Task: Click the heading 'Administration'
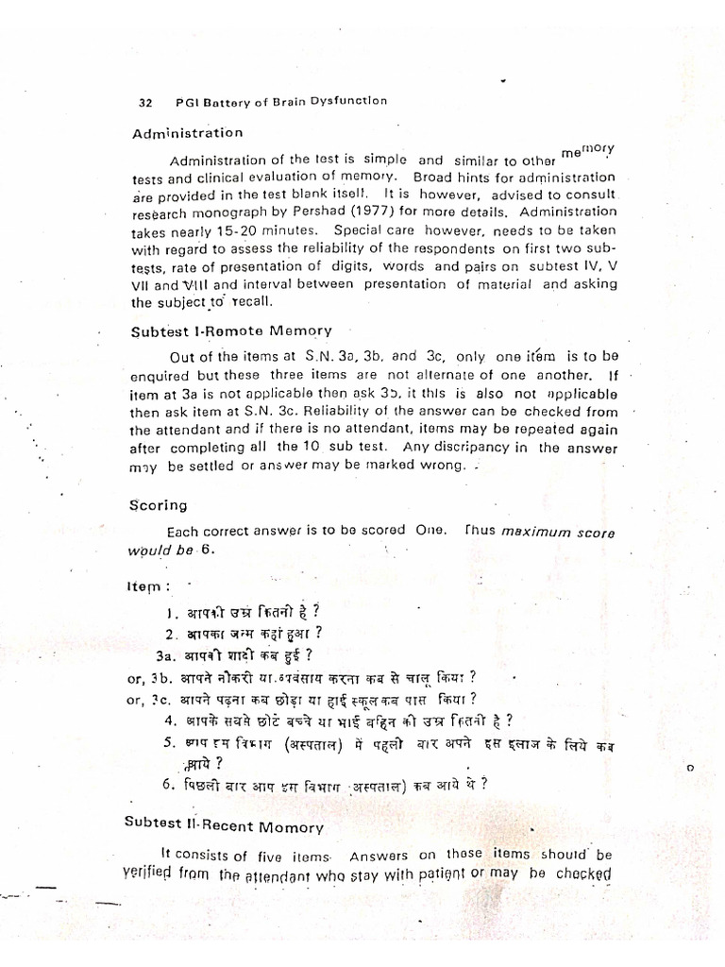[188, 133]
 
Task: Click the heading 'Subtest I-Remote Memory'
[231, 331]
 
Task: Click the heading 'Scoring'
[158, 505]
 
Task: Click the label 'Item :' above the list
[151, 586]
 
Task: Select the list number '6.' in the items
[169, 784]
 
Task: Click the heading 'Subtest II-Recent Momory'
[224, 824]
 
